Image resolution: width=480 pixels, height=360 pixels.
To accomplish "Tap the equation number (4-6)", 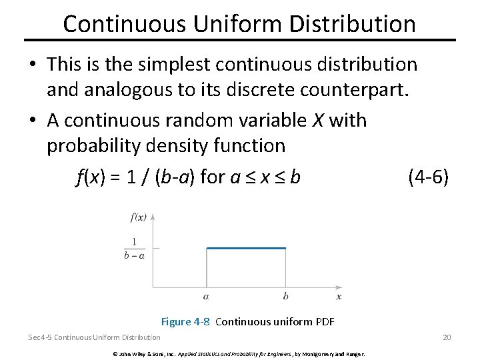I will pos(427,177).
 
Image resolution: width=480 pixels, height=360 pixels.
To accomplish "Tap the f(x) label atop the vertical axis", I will pos(139,217).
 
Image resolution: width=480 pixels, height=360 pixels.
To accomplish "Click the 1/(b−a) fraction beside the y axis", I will pos(134,249).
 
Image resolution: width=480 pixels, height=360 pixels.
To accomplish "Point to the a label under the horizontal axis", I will pos(206,296).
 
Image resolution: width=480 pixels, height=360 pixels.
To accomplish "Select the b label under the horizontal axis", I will pos(285,296).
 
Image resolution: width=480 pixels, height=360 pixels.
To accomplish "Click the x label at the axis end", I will pos(339,296).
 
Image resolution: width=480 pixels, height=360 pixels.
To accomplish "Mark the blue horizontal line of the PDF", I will pos(246,249).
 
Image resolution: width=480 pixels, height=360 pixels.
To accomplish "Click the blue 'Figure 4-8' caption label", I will pos(186,322).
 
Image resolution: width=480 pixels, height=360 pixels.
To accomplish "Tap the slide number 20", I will pos(447,337).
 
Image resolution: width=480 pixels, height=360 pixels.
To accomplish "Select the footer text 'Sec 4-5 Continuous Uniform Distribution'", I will pos(94,337).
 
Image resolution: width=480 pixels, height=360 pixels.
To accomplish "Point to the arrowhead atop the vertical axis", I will pos(153,217).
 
